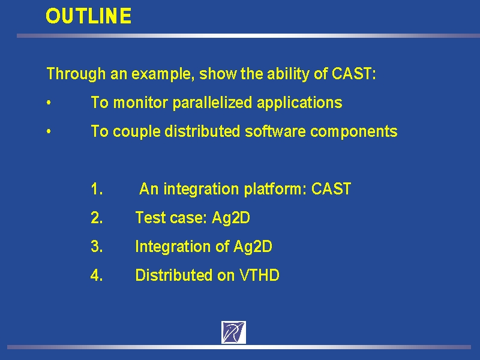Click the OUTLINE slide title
[x=88, y=16]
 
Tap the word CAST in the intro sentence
[x=352, y=73]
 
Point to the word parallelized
[x=212, y=103]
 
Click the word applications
[x=299, y=103]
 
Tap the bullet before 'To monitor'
[x=49, y=103]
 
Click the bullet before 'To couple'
[x=49, y=131]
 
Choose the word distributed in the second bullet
[x=202, y=131]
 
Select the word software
[x=275, y=131]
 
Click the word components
[x=353, y=131]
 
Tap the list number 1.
[x=97, y=189]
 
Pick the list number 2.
[x=97, y=218]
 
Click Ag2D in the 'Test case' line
[x=231, y=218]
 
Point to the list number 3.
[x=97, y=247]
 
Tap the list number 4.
[x=97, y=275]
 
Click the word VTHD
[x=259, y=275]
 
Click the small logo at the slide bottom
[x=233, y=332]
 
